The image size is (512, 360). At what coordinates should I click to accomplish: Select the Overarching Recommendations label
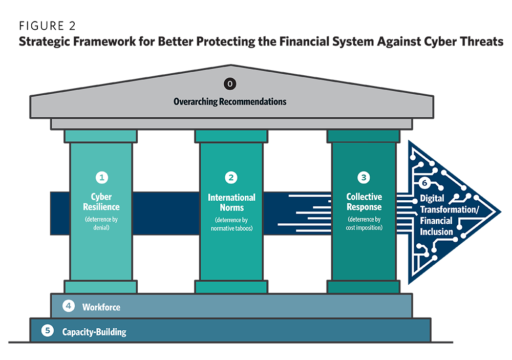[x=230, y=101]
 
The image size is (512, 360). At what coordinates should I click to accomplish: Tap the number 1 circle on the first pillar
[x=101, y=178]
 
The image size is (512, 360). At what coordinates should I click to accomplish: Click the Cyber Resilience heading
[x=101, y=202]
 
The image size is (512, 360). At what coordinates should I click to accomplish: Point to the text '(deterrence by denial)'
[x=101, y=224]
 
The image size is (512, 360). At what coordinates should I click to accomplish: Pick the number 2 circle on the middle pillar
[x=231, y=178]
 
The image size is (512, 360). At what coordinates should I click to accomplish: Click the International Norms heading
[x=231, y=202]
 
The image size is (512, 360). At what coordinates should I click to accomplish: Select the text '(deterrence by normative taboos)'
[x=231, y=224]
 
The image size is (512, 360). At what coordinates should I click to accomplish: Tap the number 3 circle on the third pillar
[x=364, y=178]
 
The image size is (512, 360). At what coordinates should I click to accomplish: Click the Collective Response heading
[x=364, y=202]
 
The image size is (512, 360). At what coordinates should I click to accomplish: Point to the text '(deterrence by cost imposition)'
[x=364, y=224]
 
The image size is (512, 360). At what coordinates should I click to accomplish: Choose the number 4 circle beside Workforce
[x=69, y=306]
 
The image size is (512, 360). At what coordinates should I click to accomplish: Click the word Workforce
[x=101, y=307]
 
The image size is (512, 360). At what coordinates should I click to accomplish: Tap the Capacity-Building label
[x=94, y=332]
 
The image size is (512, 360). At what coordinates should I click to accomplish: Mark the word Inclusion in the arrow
[x=437, y=231]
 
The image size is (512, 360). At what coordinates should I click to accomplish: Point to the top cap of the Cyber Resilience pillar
[x=101, y=136]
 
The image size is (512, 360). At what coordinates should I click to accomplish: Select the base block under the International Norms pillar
[x=231, y=287]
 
